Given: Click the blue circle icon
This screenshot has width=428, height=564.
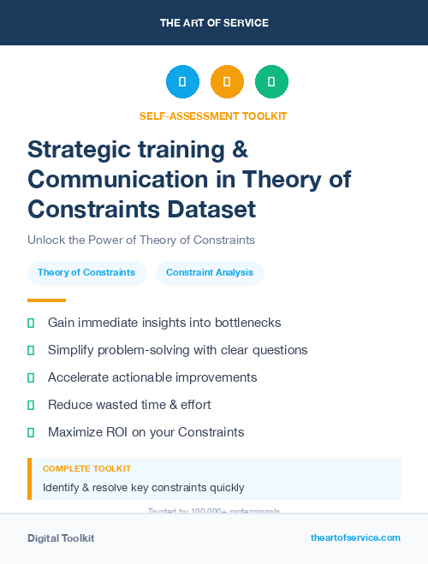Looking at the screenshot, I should [182, 82].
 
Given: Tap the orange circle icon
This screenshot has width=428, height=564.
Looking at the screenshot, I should [227, 82].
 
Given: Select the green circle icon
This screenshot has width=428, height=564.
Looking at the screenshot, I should [271, 82].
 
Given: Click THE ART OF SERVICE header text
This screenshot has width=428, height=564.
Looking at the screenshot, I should [214, 23].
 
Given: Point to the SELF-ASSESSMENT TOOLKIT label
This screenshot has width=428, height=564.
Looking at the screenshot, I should [213, 116].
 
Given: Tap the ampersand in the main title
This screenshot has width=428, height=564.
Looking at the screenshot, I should [241, 150].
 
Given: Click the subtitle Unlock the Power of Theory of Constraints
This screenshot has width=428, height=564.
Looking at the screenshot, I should [141, 240].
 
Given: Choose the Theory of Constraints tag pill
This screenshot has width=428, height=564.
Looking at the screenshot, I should [86, 272].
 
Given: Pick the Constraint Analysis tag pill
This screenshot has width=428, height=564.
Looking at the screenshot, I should [210, 272].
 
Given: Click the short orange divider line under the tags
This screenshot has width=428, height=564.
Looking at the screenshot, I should [46, 300].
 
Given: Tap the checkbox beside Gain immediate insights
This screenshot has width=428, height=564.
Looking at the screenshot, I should [31, 323].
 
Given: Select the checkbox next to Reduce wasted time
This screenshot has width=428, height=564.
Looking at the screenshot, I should [31, 405].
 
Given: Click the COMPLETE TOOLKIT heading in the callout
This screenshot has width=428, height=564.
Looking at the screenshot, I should [86, 469].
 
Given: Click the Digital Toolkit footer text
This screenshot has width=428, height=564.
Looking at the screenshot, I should [61, 538].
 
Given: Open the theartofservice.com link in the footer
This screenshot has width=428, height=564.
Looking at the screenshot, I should [355, 537].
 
